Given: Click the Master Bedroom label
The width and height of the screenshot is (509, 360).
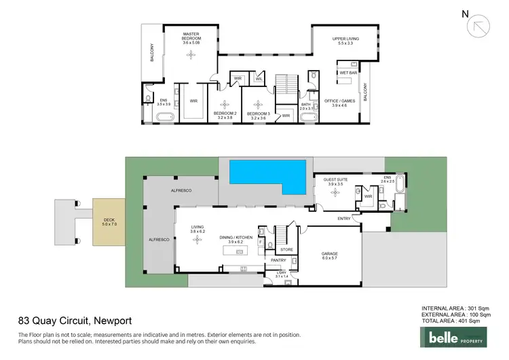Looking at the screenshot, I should (x=191, y=39).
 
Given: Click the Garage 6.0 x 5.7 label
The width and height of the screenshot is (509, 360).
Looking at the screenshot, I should (x=329, y=257).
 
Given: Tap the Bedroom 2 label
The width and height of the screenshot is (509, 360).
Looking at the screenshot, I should (x=225, y=115).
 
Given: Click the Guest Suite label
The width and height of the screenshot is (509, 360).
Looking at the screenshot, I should (x=335, y=181).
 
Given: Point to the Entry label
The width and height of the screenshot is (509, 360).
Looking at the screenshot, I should (x=344, y=218).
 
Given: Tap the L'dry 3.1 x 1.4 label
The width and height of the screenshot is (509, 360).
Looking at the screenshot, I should (x=281, y=274).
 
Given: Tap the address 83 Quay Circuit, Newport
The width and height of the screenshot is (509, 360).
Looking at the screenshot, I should (x=74, y=321).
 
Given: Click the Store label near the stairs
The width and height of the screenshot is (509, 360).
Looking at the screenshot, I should (x=286, y=249).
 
